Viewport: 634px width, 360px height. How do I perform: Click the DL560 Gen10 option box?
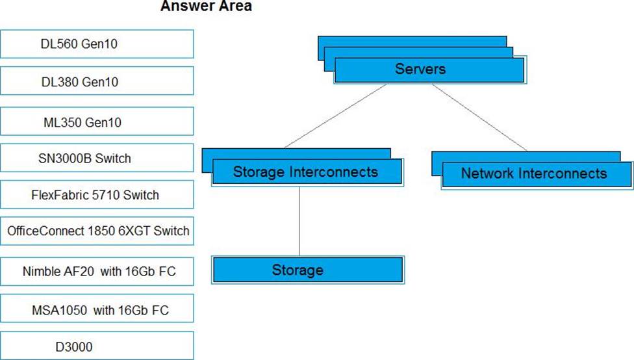click(97, 44)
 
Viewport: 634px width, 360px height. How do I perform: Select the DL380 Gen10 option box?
click(97, 81)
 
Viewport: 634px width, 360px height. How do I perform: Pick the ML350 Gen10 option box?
click(97, 122)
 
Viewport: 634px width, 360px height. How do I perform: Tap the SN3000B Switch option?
click(97, 158)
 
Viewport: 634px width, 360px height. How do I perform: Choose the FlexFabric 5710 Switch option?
click(97, 194)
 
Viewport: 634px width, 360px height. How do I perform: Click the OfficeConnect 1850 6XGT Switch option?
click(97, 231)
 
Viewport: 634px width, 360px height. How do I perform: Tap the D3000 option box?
click(97, 346)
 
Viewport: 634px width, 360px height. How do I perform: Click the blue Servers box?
click(429, 70)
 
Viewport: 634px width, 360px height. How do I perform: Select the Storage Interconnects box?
click(307, 172)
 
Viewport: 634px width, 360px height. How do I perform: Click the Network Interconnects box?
click(537, 175)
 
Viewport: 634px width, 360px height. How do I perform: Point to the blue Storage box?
click(308, 270)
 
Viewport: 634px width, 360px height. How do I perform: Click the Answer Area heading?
click(206, 6)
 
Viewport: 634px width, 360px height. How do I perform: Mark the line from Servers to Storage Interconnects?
click(335, 116)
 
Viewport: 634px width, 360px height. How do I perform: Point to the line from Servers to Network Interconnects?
click(479, 118)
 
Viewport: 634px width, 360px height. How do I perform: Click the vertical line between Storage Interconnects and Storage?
click(299, 221)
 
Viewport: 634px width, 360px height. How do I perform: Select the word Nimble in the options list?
click(40, 271)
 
